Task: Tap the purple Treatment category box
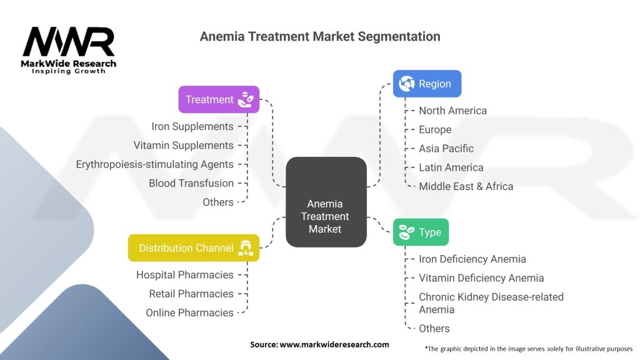tap(219, 99)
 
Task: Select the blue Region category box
tap(427, 83)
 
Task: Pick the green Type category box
tap(421, 232)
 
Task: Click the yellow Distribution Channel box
tap(193, 247)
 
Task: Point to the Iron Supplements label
tap(192, 126)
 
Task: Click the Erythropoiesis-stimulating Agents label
tap(154, 164)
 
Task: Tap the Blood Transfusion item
tap(191, 183)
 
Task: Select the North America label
tap(452, 111)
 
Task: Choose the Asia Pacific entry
tap(446, 148)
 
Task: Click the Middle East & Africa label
tap(466, 186)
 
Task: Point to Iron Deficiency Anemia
tap(472, 259)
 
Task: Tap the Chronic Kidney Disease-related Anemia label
tap(491, 303)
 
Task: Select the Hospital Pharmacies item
tap(184, 275)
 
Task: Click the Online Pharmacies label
tap(189, 312)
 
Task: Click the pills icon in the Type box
tap(407, 232)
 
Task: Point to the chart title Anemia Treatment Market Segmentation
tap(320, 36)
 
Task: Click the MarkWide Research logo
tap(69, 50)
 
